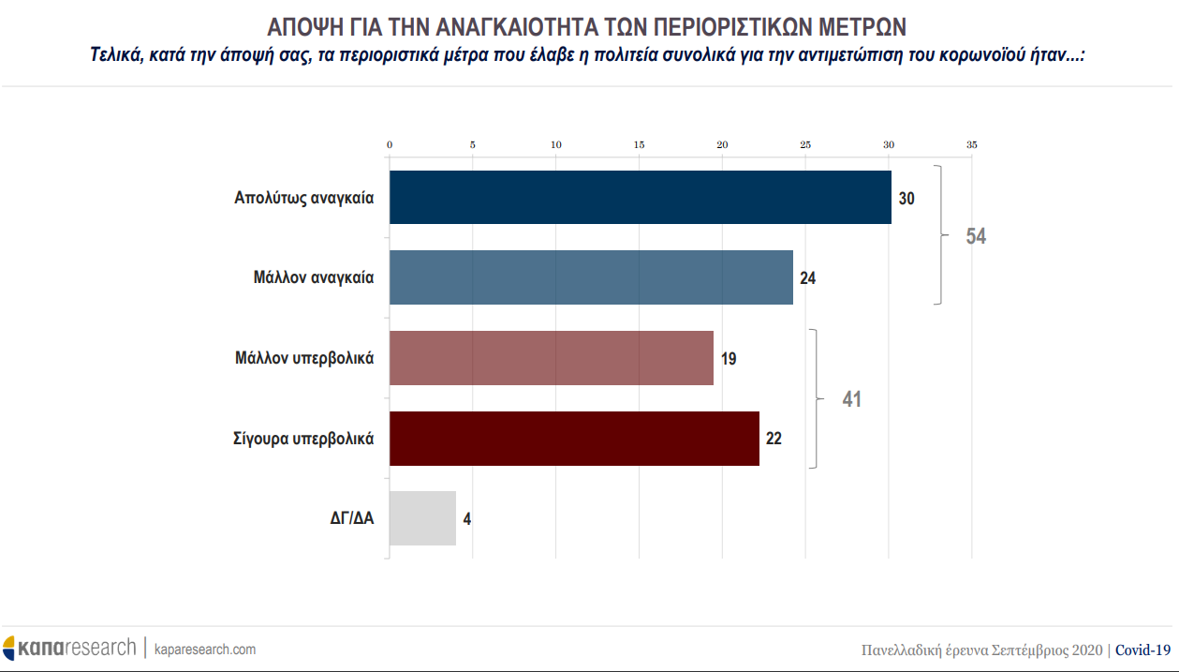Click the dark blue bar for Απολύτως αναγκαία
[x=640, y=198]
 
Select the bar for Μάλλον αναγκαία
[x=591, y=277]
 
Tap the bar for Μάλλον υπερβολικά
[x=551, y=358]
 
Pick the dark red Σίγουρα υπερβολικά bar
[x=574, y=439]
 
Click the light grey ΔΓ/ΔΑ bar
[x=422, y=518]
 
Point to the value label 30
[x=906, y=199]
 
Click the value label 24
[x=808, y=278]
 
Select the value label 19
[x=729, y=359]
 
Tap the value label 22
[x=774, y=439]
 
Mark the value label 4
[x=467, y=518]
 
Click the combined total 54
[x=976, y=237]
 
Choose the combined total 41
[x=851, y=399]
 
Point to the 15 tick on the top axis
[x=639, y=145]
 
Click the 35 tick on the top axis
[x=971, y=145]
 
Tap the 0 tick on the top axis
[x=390, y=145]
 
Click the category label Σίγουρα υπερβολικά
[x=303, y=438]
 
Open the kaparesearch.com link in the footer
[x=204, y=649]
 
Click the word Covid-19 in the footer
[x=1143, y=650]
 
